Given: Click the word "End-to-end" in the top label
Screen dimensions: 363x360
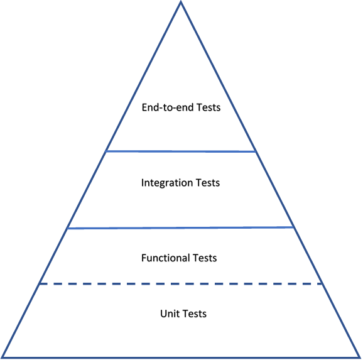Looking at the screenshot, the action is pyautogui.click(x=168, y=107).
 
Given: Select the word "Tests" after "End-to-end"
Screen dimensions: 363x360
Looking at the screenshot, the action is pyautogui.click(x=209, y=107).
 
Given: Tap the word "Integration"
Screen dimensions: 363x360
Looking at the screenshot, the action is pyautogui.click(x=167, y=183).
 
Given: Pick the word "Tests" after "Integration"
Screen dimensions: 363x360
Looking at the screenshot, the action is pyautogui.click(x=208, y=183).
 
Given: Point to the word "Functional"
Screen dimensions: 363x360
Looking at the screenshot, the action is pyautogui.click(x=166, y=258).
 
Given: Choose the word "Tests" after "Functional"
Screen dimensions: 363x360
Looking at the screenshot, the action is pyautogui.click(x=205, y=258).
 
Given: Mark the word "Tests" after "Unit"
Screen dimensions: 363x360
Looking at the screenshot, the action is pyautogui.click(x=194, y=314).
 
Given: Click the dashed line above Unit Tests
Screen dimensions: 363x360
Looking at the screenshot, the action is pyautogui.click(x=181, y=284).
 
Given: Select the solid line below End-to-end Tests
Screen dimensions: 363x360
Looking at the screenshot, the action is pyautogui.click(x=181, y=151).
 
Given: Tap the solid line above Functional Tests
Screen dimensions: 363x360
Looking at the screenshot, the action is pyautogui.click(x=181, y=228).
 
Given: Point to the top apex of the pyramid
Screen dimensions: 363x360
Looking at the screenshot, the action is pyautogui.click(x=181, y=2).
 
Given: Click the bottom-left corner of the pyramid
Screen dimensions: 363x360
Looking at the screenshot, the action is pyautogui.click(x=3, y=357).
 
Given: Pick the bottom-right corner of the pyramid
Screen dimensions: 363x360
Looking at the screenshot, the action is pyautogui.click(x=359, y=357).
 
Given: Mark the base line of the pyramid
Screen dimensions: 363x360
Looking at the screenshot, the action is pyautogui.click(x=181, y=357).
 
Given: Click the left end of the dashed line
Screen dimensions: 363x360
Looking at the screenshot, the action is pyautogui.click(x=40, y=284).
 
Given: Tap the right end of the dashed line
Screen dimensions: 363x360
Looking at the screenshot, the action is pyautogui.click(x=322, y=284).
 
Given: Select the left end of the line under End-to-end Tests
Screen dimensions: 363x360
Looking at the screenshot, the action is pyautogui.click(x=106, y=151).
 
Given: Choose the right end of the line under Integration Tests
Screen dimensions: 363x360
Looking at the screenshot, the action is pyautogui.click(x=294, y=227).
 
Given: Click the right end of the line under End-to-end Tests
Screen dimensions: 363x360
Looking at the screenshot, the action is pyautogui.click(x=256, y=152).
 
